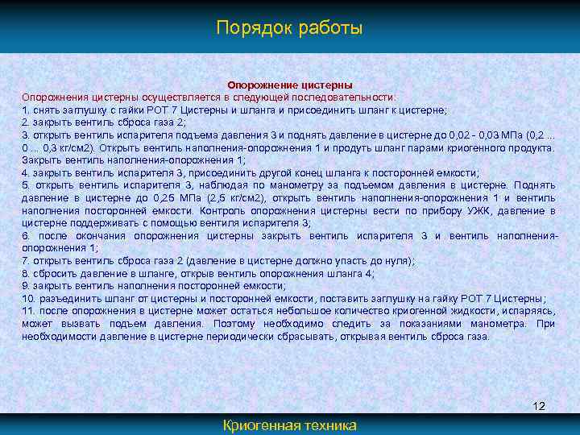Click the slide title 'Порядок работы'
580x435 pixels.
(x=289, y=28)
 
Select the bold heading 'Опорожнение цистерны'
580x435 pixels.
(x=290, y=85)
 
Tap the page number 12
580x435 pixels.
(x=539, y=406)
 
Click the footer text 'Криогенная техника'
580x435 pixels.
(x=290, y=425)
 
